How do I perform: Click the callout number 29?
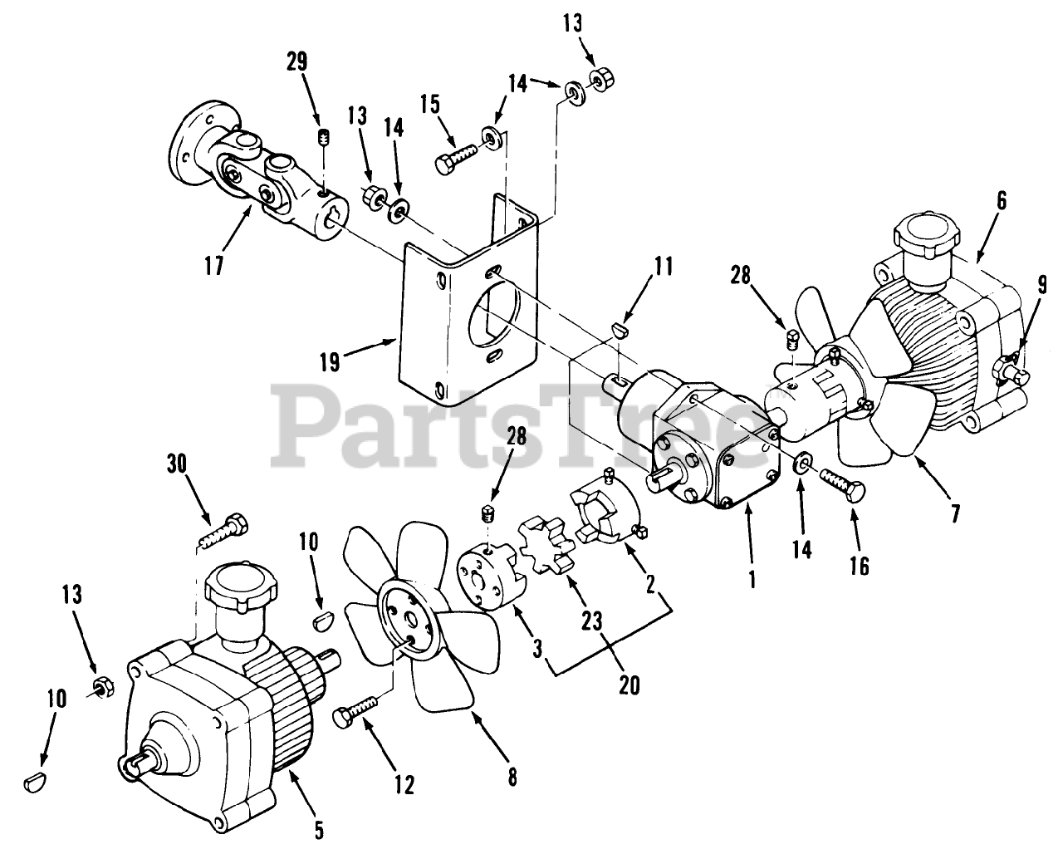click(297, 61)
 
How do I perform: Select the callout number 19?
click(329, 363)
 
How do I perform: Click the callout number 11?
click(663, 267)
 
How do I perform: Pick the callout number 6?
click(1001, 199)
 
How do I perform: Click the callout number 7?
click(955, 514)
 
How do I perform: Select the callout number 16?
click(858, 566)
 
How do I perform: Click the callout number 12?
click(404, 784)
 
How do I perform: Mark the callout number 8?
click(512, 778)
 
